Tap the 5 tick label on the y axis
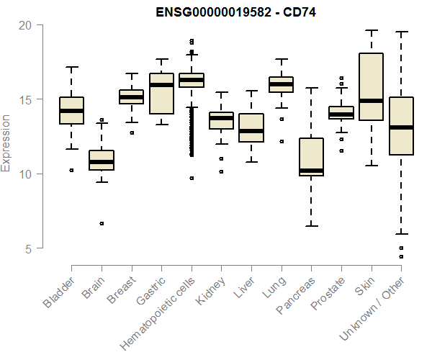[x=27, y=248]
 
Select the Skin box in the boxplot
[x=371, y=86]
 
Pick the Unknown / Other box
[x=400, y=126]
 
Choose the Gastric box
[x=161, y=94]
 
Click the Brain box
[x=102, y=161]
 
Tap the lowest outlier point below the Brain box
[x=102, y=223]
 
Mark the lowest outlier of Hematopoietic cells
[x=192, y=178]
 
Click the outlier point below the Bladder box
[x=71, y=171]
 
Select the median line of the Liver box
[x=251, y=132]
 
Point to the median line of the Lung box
[x=281, y=84]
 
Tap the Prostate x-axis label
[x=326, y=296]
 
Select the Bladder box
[x=71, y=110]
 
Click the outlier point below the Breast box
[x=131, y=132]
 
